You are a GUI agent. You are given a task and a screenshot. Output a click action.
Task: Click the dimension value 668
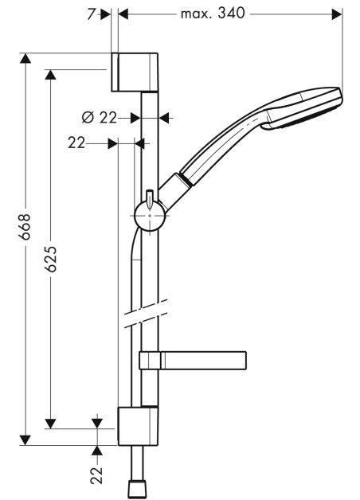click(25, 227)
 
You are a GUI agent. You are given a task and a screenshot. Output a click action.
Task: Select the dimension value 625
click(50, 259)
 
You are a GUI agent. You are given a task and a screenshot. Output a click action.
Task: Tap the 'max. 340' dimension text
click(213, 14)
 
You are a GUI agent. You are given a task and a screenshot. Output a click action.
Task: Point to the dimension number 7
click(92, 14)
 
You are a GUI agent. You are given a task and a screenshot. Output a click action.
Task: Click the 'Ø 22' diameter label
click(100, 118)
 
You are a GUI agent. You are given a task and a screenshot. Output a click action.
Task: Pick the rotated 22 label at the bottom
click(96, 475)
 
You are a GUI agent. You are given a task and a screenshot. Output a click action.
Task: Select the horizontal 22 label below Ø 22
click(76, 143)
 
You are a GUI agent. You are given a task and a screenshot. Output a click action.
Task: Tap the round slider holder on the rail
click(150, 215)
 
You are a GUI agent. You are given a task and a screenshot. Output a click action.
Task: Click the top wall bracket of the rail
click(135, 72)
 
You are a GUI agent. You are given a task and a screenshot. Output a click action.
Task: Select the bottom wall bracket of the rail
click(138, 426)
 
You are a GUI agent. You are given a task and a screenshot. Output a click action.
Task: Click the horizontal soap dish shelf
click(193, 361)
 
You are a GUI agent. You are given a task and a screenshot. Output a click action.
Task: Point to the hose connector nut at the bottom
click(138, 489)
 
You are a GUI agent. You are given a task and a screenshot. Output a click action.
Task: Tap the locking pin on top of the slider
click(149, 199)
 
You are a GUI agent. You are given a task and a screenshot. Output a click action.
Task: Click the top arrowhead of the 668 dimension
click(25, 58)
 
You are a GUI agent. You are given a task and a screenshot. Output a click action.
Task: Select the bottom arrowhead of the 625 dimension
click(50, 424)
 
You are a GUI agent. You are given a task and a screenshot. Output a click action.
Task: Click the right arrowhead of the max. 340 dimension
click(337, 14)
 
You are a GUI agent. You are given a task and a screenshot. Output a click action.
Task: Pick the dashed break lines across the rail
click(146, 314)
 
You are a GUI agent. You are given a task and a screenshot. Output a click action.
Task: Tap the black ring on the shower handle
click(186, 179)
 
